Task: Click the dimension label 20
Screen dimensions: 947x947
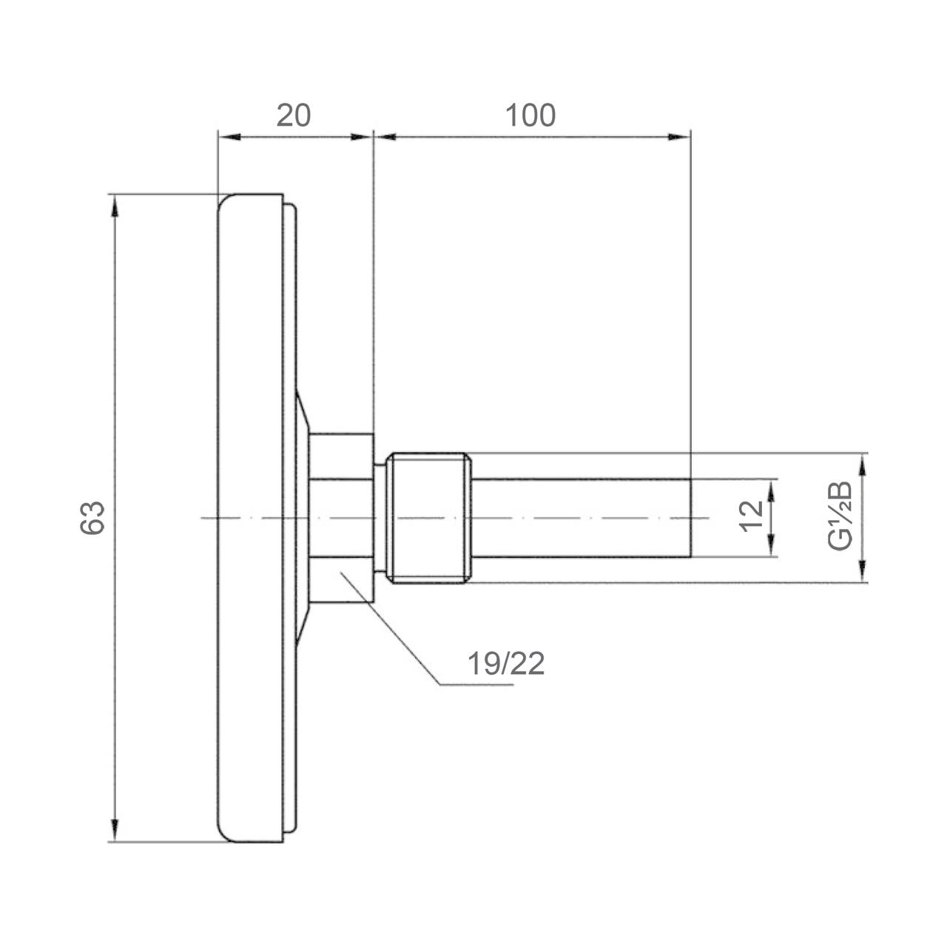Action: (x=294, y=115)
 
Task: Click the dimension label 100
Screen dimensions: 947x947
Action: (x=530, y=115)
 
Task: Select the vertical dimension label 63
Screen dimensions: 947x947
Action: (x=92, y=517)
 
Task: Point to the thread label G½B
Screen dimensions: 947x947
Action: (x=840, y=516)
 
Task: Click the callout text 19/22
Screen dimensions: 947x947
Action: (x=506, y=664)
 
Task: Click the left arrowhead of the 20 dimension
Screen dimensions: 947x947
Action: (x=229, y=137)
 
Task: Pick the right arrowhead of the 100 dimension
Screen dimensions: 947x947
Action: (x=680, y=137)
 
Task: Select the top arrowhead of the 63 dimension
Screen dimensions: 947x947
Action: (x=115, y=206)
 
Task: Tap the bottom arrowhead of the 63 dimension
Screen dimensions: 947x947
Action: (x=115, y=831)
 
